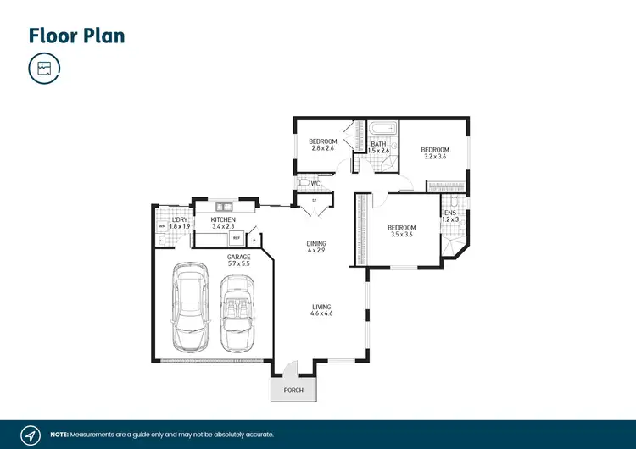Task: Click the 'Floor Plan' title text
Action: pos(77,35)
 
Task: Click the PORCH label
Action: pos(293,391)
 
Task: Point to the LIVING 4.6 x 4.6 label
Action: pos(321,310)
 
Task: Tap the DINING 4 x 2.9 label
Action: pos(316,247)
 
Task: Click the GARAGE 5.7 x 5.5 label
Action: pos(237,260)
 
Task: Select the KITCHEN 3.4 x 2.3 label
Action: pos(223,224)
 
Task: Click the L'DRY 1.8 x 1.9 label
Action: pos(178,224)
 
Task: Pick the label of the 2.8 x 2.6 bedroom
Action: pos(323,144)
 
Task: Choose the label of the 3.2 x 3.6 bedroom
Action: pos(435,152)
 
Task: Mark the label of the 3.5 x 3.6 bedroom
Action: pos(401,230)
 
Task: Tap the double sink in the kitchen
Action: pos(225,206)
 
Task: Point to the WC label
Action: pos(314,183)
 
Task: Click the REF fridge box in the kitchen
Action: pos(236,238)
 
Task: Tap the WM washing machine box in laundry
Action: pos(161,226)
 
